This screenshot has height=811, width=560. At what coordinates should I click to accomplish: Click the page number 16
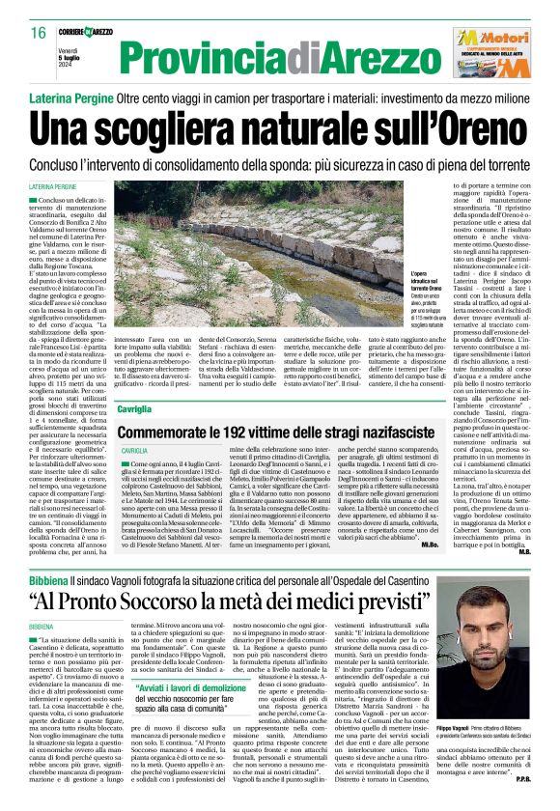tap(39, 33)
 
